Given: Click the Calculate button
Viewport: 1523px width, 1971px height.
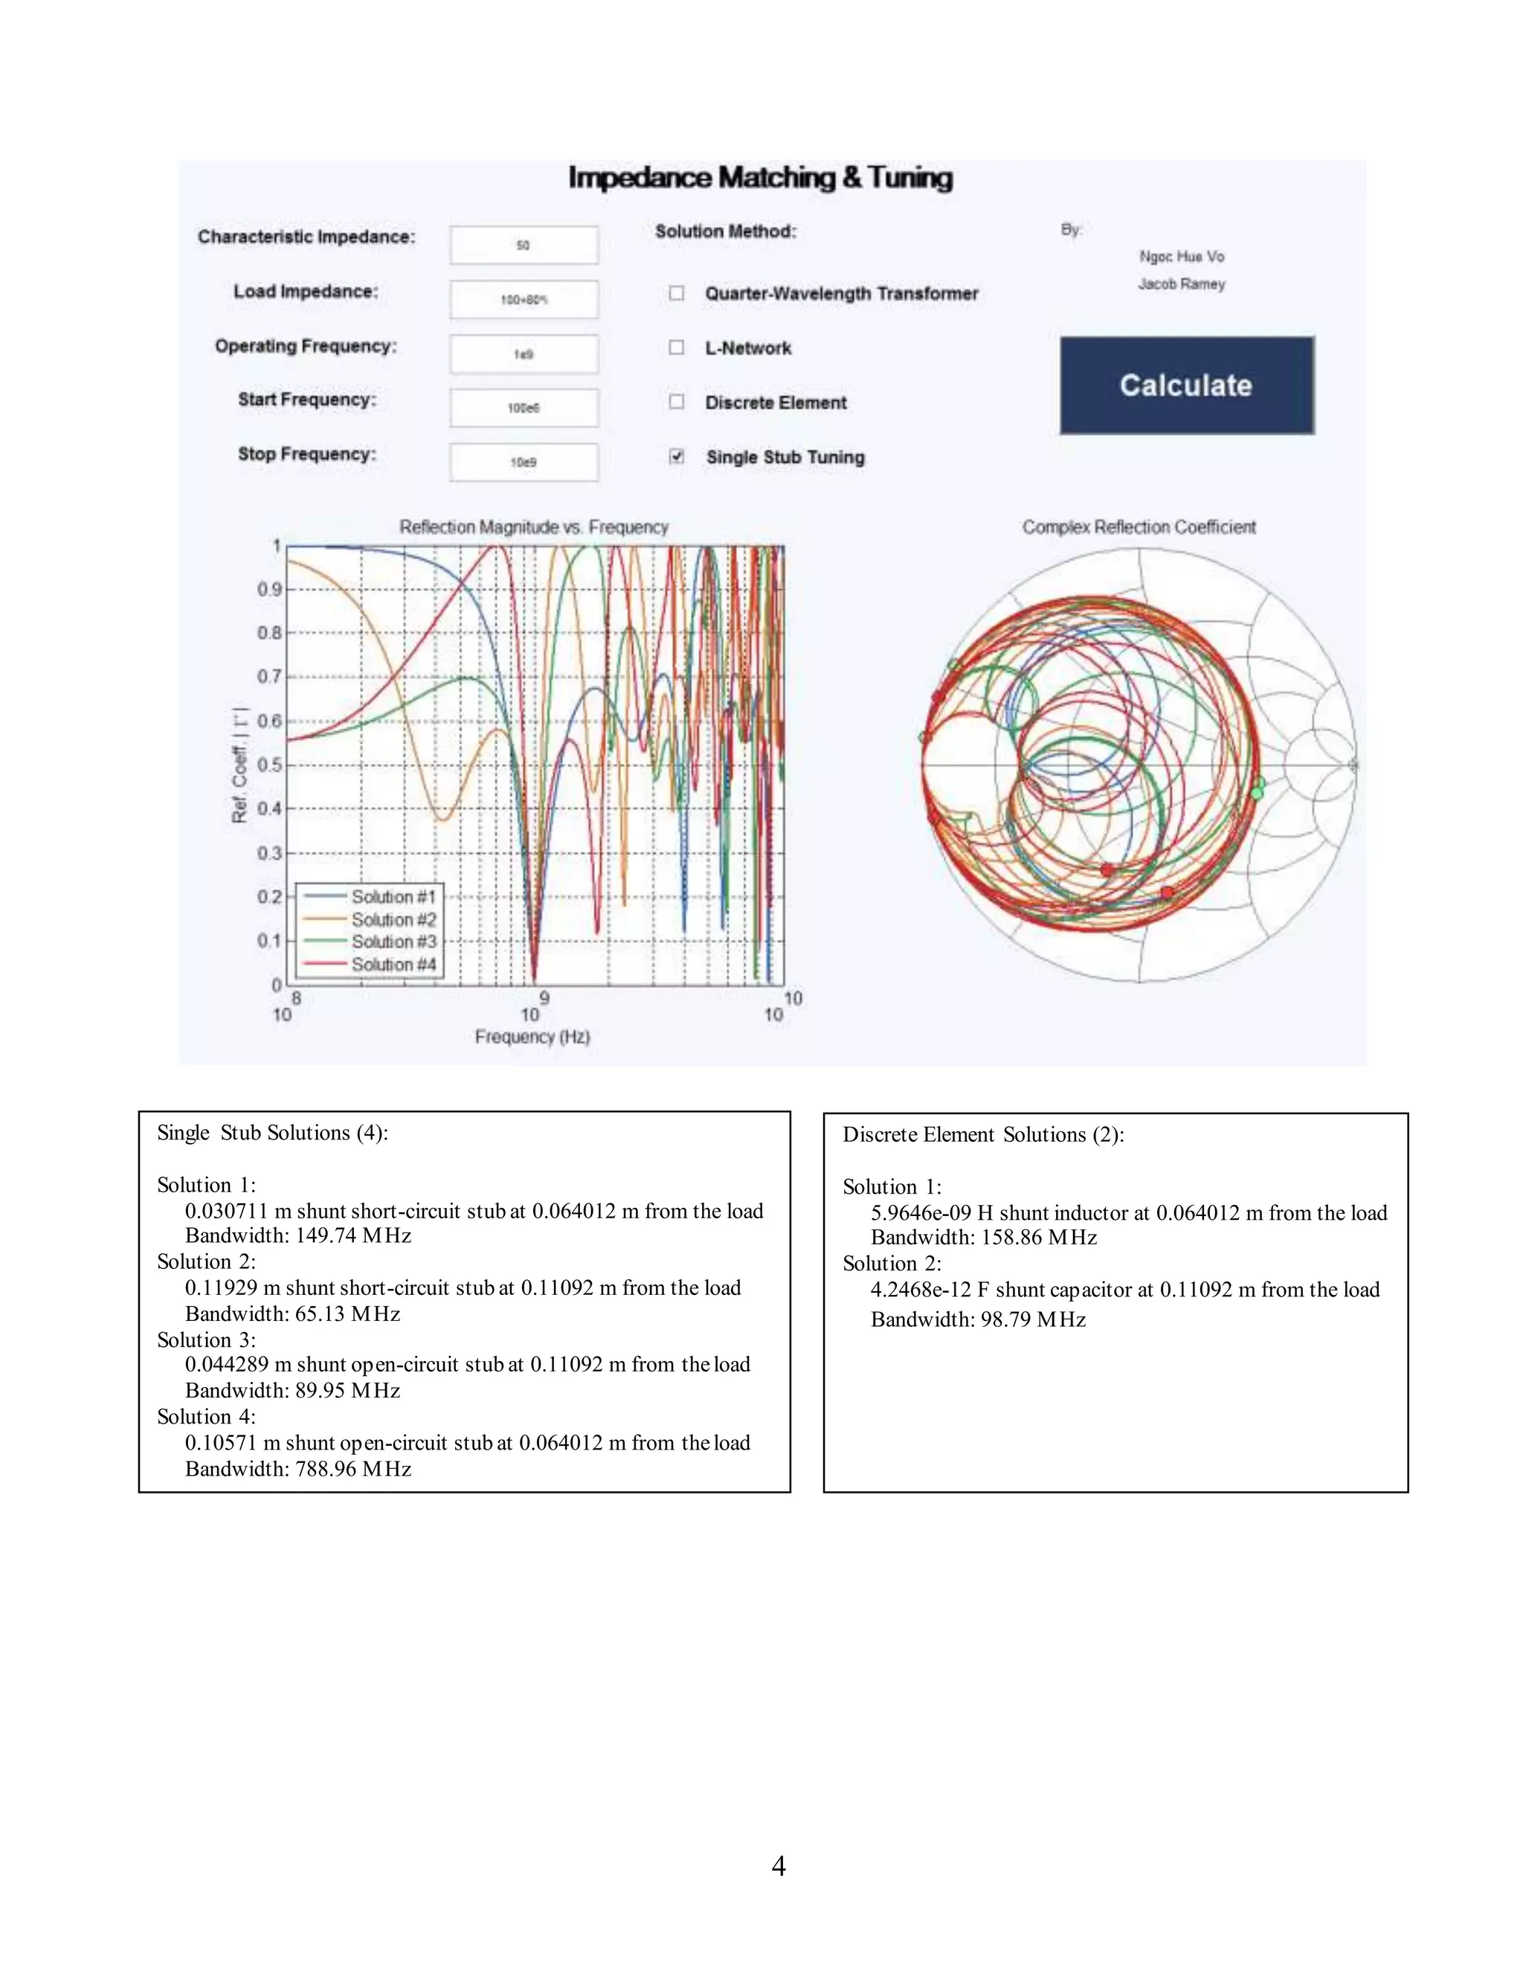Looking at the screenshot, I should point(1185,385).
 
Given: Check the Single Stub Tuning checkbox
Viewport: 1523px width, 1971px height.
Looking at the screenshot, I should point(677,457).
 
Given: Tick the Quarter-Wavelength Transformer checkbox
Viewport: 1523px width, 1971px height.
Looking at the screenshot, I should point(677,293).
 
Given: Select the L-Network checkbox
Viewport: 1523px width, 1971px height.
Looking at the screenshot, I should point(677,347).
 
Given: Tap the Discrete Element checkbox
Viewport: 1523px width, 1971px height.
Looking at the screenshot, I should point(677,402).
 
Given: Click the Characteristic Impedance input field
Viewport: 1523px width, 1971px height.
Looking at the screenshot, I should point(524,245).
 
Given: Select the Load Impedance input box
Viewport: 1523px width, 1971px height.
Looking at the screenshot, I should point(524,300).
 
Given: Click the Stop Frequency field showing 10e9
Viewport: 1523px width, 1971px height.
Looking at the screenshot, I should point(524,462).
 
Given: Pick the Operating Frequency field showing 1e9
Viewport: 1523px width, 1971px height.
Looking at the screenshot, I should point(524,354).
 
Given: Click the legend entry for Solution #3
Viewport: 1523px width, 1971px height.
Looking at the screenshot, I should point(393,942).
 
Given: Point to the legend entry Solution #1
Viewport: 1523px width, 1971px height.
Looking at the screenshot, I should point(393,896).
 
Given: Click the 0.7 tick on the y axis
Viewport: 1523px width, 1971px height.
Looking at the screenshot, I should point(269,677).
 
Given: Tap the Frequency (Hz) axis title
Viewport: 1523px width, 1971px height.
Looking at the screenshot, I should point(532,1037).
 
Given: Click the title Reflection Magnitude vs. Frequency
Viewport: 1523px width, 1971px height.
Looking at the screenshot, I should point(533,527).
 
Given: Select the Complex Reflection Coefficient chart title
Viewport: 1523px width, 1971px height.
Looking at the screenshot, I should point(1139,527).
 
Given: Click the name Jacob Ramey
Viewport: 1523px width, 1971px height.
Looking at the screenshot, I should point(1181,284).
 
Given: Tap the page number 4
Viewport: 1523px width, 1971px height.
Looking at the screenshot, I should point(779,1865).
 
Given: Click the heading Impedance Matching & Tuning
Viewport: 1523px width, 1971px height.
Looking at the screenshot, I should point(760,178).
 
